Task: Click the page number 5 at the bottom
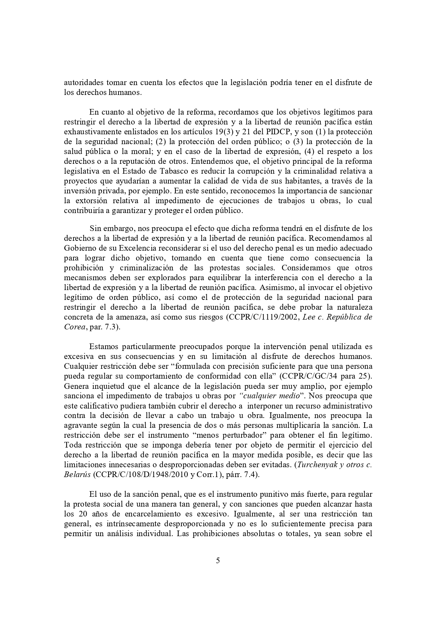tap(218, 560)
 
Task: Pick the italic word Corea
tap(74, 327)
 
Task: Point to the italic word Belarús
tap(77, 474)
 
